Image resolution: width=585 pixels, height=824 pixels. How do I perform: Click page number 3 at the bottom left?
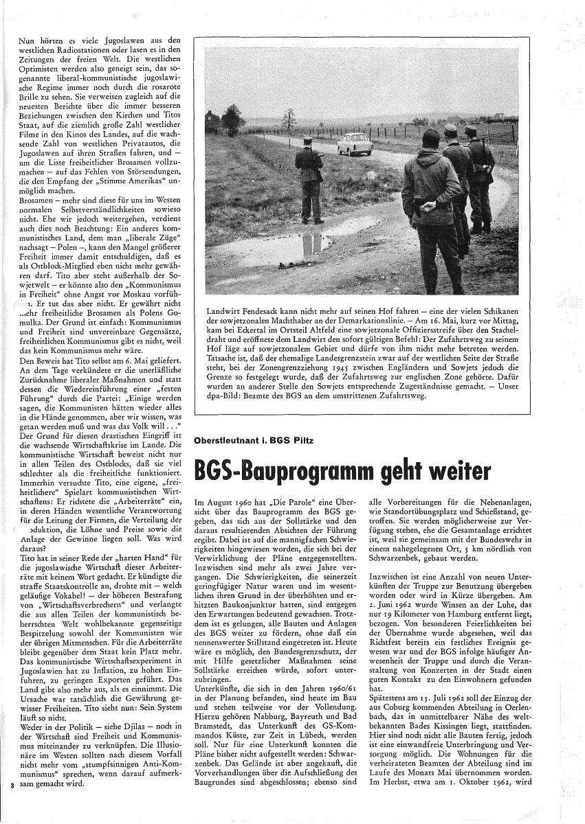(x=12, y=784)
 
